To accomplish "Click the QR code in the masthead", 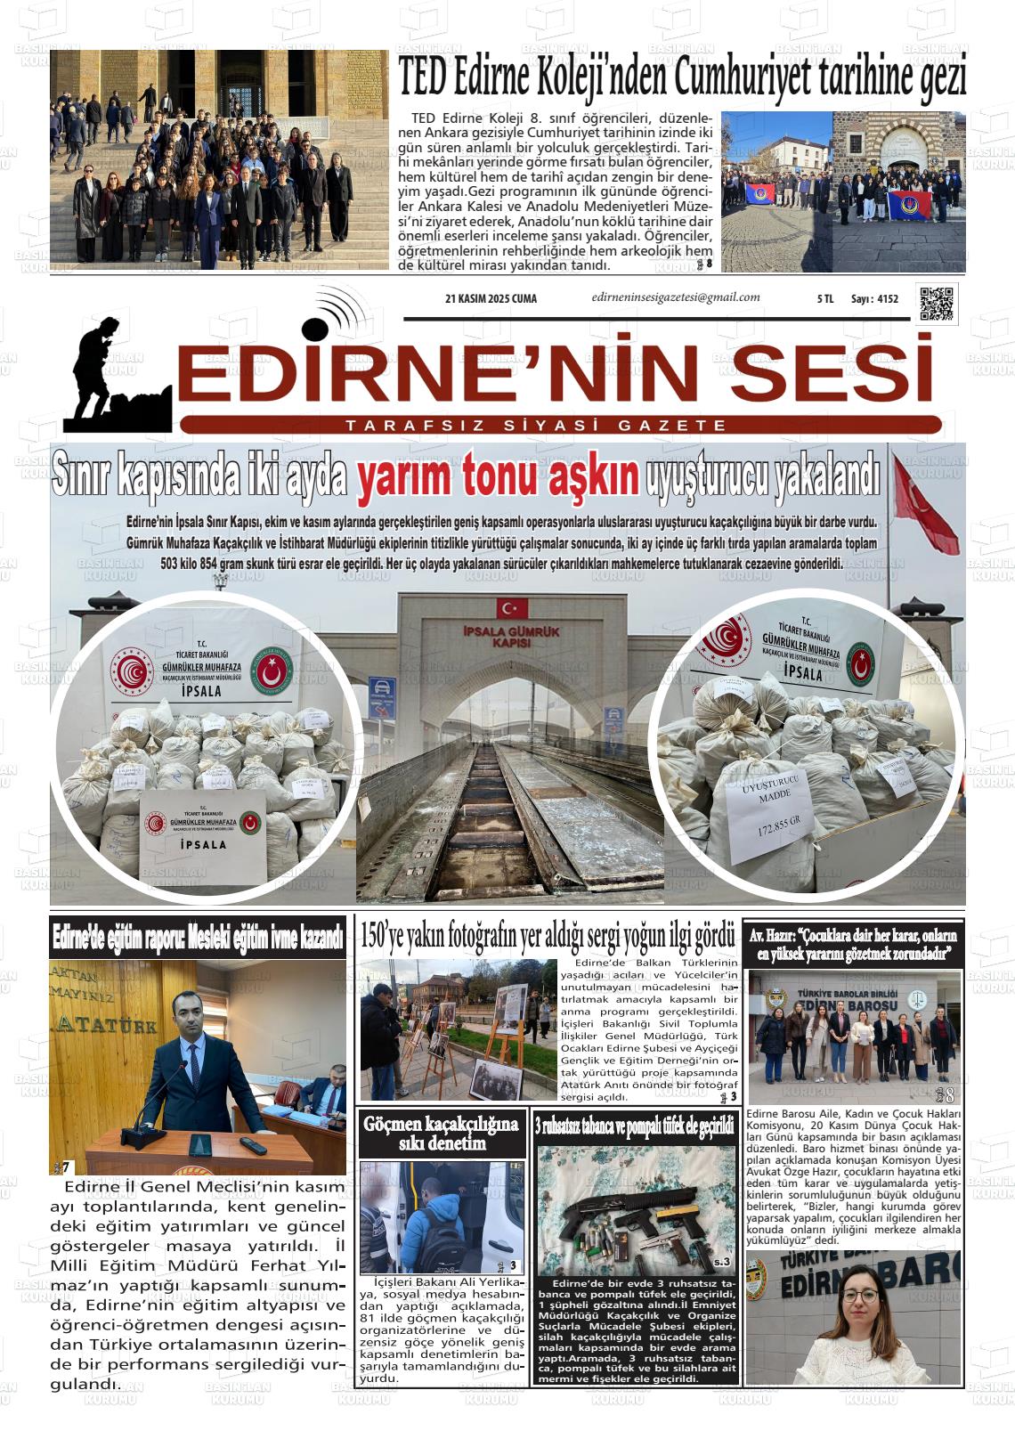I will click(937, 304).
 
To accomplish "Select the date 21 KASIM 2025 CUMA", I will click(491, 299).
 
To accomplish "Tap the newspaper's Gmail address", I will click(675, 298).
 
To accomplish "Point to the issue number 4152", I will click(887, 299).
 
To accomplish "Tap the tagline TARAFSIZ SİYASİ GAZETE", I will click(536, 426).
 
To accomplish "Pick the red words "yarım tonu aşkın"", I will click(498, 476).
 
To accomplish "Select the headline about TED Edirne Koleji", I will click(682, 78).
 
